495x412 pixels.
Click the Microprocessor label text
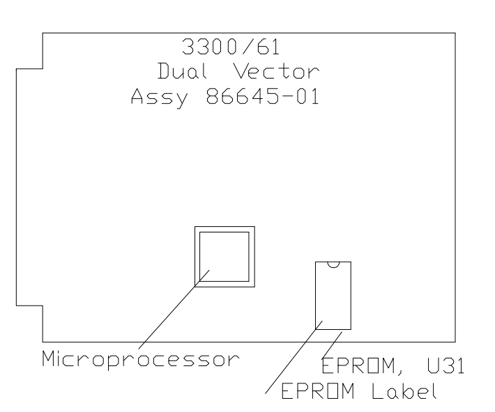click(139, 360)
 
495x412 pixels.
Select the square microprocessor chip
click(224, 255)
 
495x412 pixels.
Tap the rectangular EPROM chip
click(333, 296)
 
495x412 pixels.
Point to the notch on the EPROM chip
click(333, 264)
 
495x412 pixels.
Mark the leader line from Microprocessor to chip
click(174, 309)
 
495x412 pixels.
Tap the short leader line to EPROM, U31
click(334, 343)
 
